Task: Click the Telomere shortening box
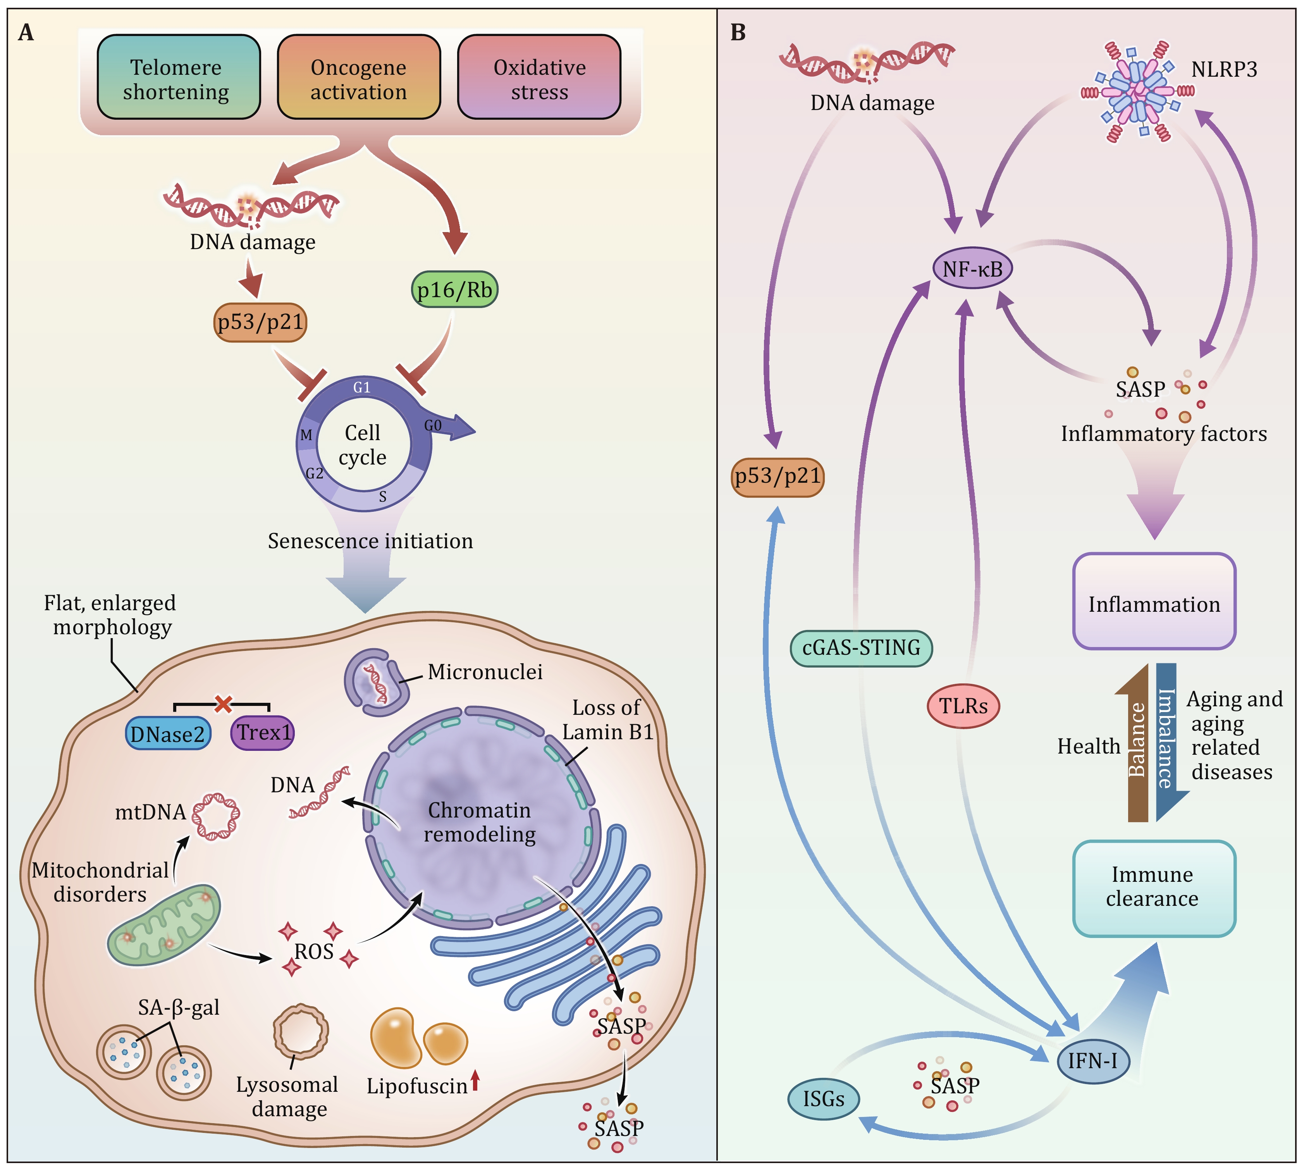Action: pyautogui.click(x=178, y=77)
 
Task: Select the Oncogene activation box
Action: pyautogui.click(x=359, y=77)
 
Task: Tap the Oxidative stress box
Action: pyautogui.click(x=539, y=77)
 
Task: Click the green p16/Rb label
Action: pyautogui.click(x=455, y=290)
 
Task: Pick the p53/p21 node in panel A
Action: pyautogui.click(x=260, y=322)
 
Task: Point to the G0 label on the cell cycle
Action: pyautogui.click(x=433, y=426)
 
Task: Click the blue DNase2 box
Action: pyautogui.click(x=167, y=733)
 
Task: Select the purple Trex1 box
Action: pyautogui.click(x=263, y=733)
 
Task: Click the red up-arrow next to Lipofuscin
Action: pyautogui.click(x=475, y=1080)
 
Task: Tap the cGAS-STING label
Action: pyautogui.click(x=861, y=648)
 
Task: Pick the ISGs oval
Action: pyautogui.click(x=824, y=1099)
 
